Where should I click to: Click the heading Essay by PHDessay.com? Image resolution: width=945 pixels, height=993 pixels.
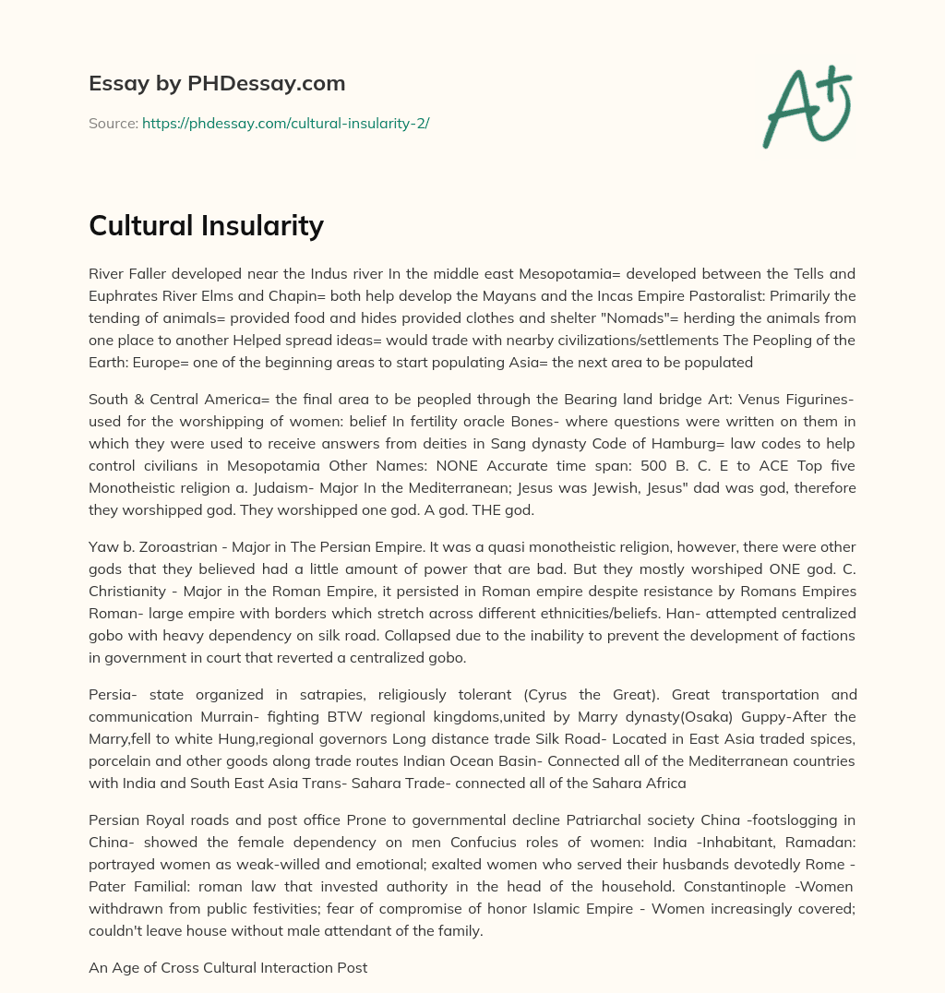(x=217, y=84)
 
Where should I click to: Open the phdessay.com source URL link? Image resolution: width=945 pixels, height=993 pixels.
(x=285, y=123)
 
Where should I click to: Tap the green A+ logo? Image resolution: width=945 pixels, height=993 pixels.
(x=806, y=106)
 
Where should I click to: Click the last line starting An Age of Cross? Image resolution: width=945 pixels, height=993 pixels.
(x=228, y=968)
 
